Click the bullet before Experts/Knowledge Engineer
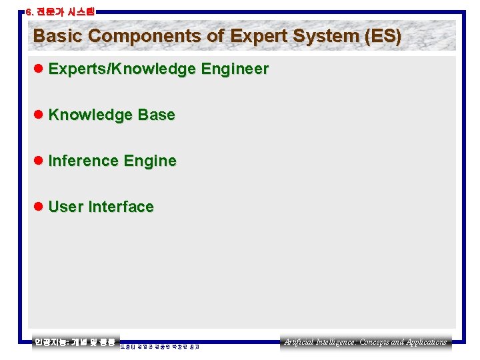[x=39, y=69]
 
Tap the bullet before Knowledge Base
[x=39, y=115]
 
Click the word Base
[x=157, y=115]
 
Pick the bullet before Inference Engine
[x=39, y=161]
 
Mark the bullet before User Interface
[x=39, y=207]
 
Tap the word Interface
[x=121, y=207]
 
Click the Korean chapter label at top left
[x=59, y=11]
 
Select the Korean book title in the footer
[x=75, y=342]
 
